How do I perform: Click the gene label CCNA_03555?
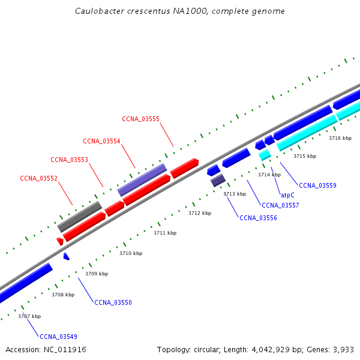click(140, 119)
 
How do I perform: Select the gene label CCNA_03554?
click(101, 141)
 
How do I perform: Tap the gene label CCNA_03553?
click(69, 160)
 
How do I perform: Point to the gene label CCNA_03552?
click(38, 178)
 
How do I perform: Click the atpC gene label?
click(287, 195)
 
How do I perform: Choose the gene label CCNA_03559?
click(317, 185)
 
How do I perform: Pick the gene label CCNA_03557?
click(280, 205)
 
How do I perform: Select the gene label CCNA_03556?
click(258, 218)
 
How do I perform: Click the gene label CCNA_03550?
click(113, 302)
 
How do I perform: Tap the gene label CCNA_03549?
click(58, 337)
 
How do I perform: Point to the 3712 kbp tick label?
click(200, 213)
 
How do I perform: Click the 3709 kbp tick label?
click(97, 274)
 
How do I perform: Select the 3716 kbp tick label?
click(340, 138)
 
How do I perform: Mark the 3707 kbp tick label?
click(29, 316)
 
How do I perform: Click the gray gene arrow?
click(79, 217)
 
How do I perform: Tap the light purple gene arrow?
click(142, 179)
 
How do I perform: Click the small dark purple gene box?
click(218, 180)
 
